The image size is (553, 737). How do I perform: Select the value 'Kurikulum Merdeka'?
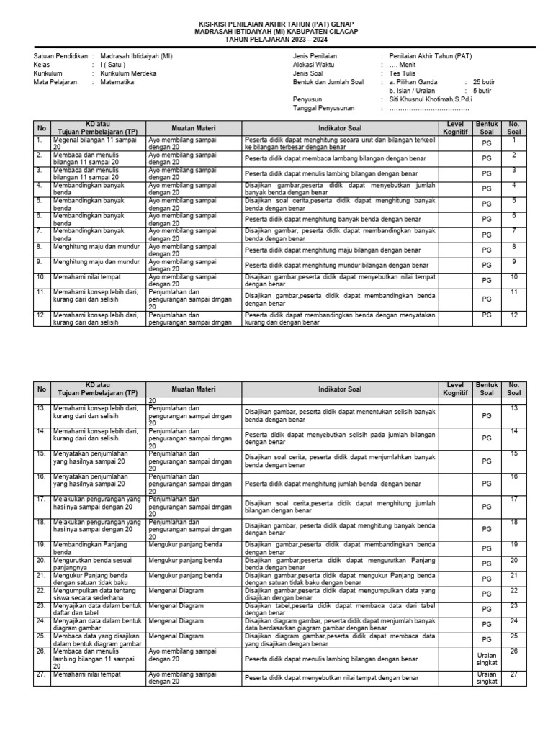point(128,73)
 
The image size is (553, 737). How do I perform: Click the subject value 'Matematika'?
point(117,82)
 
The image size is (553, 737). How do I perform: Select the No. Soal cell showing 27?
point(513,674)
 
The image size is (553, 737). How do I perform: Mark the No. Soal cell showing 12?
point(513,315)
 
